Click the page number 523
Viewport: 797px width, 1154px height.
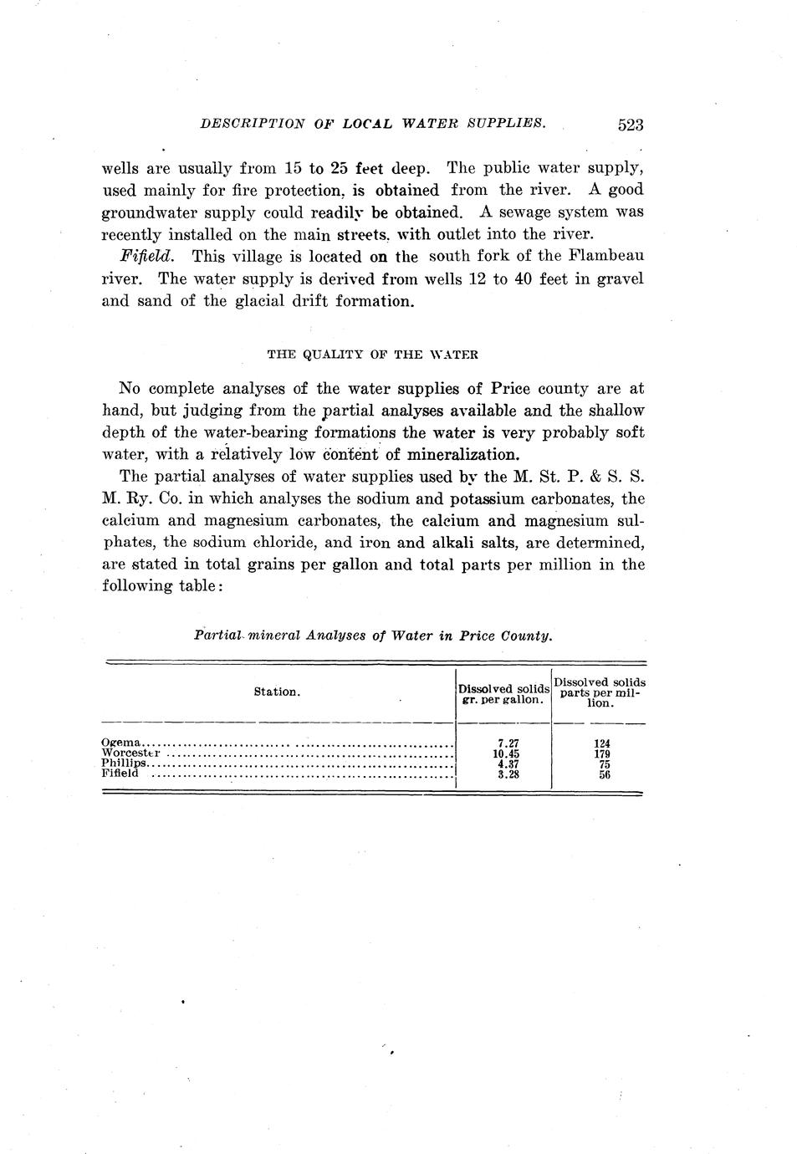pos(629,125)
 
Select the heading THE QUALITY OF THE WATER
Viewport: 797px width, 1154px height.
pos(372,354)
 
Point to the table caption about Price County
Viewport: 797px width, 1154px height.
pos(373,636)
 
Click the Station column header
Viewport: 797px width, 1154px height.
pos(277,692)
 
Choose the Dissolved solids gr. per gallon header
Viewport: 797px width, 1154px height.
pos(503,694)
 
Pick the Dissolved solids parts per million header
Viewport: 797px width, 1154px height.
pos(600,692)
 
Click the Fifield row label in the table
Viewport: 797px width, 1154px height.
pos(120,774)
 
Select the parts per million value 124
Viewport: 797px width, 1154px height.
pos(600,743)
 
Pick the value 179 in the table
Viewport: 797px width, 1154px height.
pos(600,753)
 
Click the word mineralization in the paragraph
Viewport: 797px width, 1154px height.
pos(463,455)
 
